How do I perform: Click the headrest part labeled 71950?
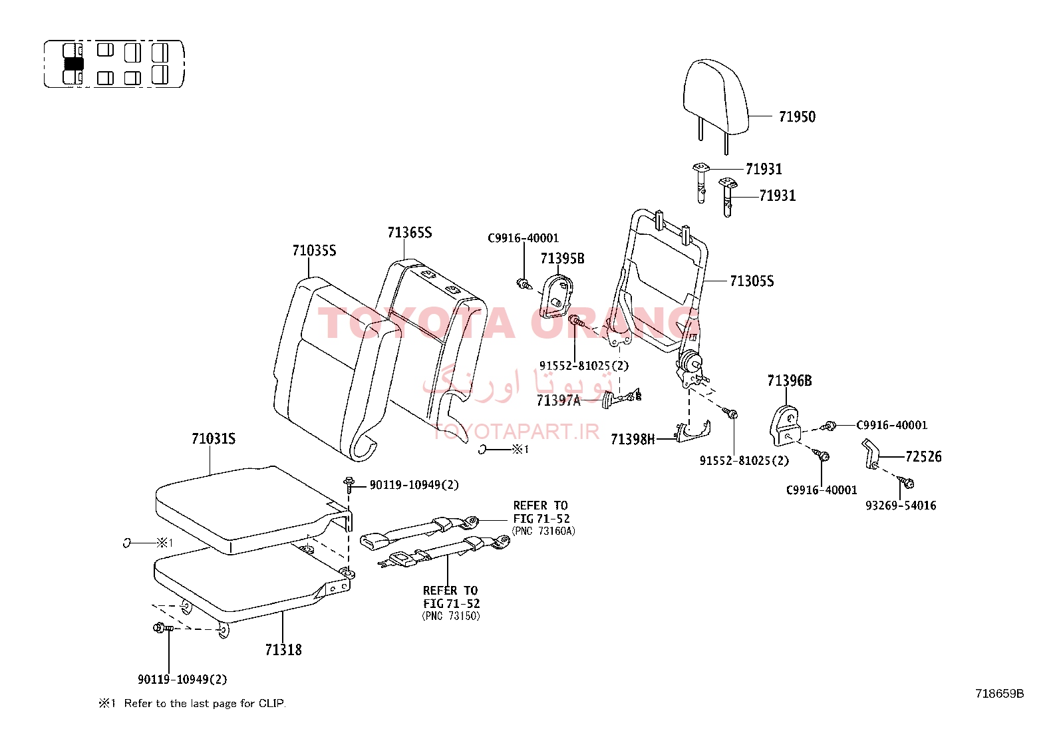coord(716,99)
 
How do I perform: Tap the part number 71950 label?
coord(797,117)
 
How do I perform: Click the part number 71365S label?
coord(409,233)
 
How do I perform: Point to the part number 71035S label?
coord(314,251)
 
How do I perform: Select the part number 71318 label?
coord(283,650)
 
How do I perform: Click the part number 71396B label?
coord(790,380)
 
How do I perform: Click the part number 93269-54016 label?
coord(901,506)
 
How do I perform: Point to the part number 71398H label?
coord(633,440)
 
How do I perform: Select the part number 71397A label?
coord(558,401)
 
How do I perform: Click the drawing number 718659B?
coord(999,694)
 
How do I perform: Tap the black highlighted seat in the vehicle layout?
coord(73,65)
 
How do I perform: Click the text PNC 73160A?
coord(543,531)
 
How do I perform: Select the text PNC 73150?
coord(451,616)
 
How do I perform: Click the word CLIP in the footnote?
coord(271,704)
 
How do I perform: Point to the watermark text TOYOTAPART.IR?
coord(516,431)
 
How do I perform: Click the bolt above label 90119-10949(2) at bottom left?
coord(163,628)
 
